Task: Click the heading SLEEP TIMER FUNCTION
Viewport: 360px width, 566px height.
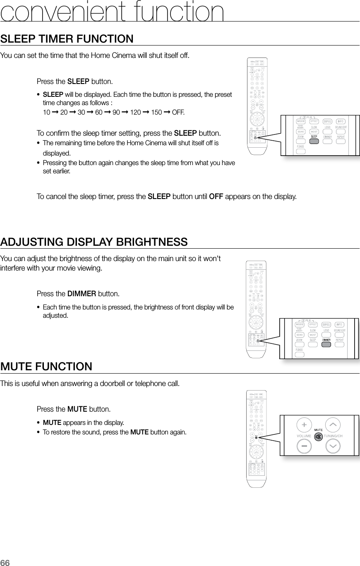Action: point(67,39)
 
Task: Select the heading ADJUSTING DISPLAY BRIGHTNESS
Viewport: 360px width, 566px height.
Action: point(94,242)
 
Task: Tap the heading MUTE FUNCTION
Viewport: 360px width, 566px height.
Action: point(46,367)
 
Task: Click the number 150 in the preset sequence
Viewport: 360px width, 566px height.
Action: point(156,113)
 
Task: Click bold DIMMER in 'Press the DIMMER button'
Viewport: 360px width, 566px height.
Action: point(82,294)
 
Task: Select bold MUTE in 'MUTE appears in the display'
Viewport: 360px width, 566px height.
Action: point(52,422)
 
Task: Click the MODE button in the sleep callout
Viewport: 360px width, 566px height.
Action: point(301,121)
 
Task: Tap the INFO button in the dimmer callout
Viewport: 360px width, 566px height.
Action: point(340,324)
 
